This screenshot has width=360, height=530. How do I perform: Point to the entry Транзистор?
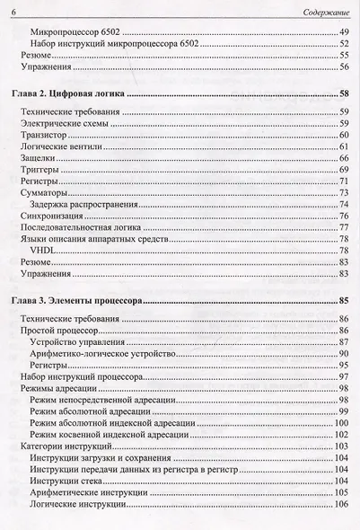42,134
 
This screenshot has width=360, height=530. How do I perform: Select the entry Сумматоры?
41,193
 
